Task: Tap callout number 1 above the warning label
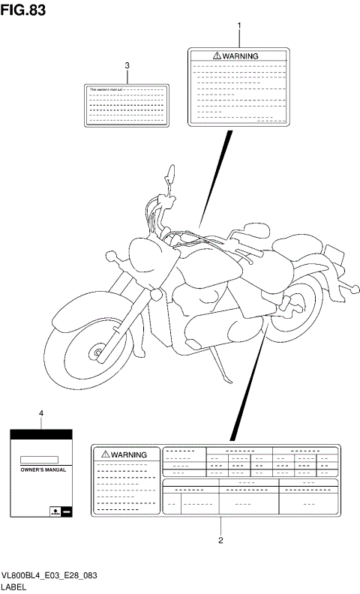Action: [x=238, y=26]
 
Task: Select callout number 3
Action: [x=127, y=65]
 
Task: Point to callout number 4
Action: [x=41, y=413]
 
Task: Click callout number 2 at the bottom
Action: [x=220, y=538]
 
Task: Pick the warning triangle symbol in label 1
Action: [x=217, y=56]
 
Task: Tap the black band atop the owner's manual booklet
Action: [x=41, y=434]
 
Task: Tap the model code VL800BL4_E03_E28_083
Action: [x=50, y=574]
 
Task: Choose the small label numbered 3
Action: [x=127, y=103]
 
